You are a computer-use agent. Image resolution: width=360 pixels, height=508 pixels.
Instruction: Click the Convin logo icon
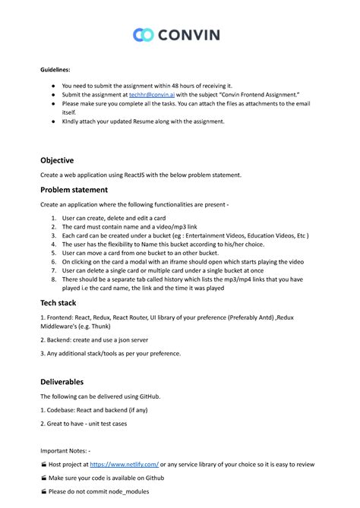tap(144, 34)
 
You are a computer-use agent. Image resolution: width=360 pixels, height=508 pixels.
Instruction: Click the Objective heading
tap(57, 160)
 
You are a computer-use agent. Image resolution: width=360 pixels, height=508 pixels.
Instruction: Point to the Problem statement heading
tap(74, 189)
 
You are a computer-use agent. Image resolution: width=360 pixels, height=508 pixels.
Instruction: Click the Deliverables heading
tap(62, 381)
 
